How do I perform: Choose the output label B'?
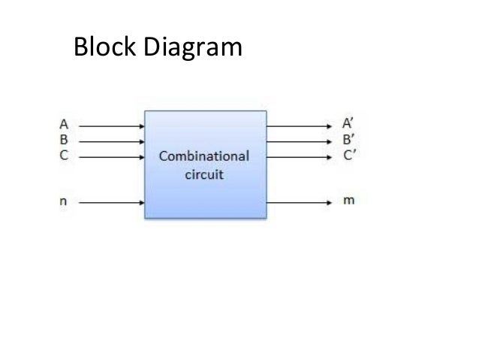[349, 141]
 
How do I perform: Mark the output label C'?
[349, 156]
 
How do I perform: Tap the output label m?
[349, 202]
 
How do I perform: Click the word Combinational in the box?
[203, 157]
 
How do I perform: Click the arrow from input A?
[111, 126]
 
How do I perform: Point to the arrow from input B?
[111, 141]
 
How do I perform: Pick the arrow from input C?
[111, 157]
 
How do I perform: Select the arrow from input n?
[111, 202]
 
